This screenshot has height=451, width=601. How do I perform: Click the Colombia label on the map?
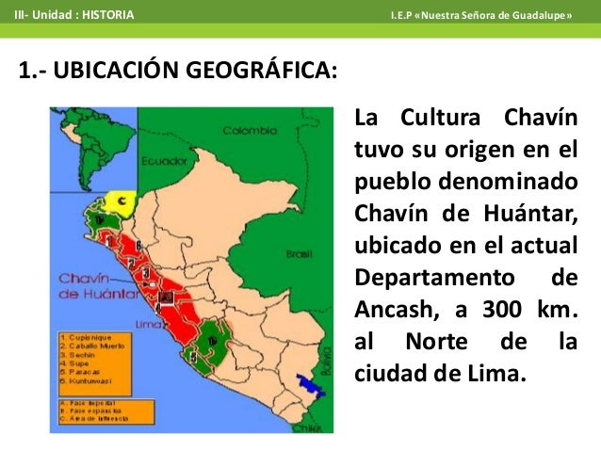[x=247, y=131]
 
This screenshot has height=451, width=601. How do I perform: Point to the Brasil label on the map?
[x=300, y=253]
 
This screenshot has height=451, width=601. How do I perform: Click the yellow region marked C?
[x=121, y=201]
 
